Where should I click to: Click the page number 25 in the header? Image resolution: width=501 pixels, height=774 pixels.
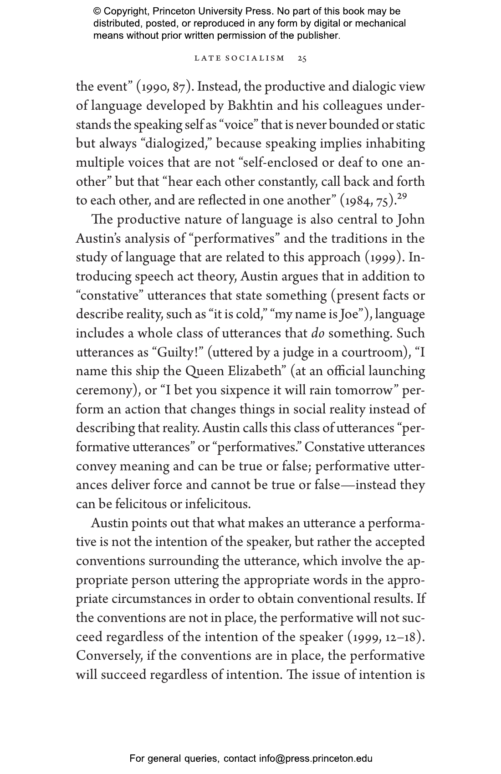click(x=302, y=59)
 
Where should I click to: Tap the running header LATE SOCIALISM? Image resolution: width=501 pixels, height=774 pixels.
click(x=240, y=59)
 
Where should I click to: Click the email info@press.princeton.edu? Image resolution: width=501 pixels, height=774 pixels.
click(x=316, y=759)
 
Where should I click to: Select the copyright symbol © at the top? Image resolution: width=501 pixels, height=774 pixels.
click(x=97, y=11)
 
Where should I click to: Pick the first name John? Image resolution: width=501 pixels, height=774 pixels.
click(x=411, y=220)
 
